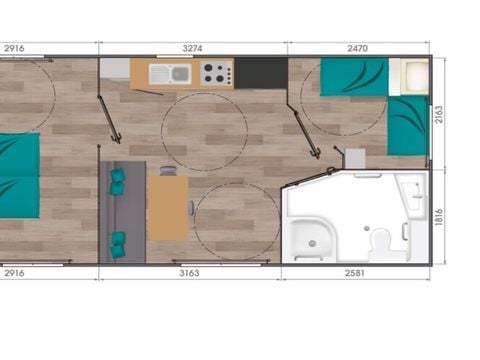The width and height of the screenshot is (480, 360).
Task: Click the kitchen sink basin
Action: (x=180, y=73)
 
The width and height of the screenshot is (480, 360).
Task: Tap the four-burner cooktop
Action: (x=215, y=73)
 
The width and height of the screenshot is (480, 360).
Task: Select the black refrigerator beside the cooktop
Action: (x=261, y=72)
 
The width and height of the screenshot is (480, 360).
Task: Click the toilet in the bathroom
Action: (x=379, y=240)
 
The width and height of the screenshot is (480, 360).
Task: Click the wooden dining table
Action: (x=167, y=207)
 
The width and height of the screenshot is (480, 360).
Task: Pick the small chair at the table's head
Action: (x=168, y=171)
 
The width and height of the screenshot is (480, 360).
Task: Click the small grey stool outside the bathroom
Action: (x=355, y=158)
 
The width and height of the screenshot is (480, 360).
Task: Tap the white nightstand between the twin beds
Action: (x=410, y=77)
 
